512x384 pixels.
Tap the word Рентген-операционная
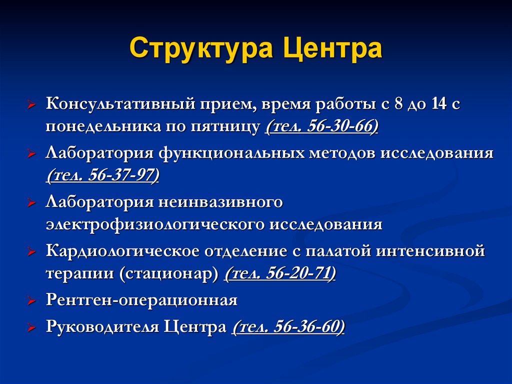[141, 300]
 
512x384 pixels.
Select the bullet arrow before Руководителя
[31, 328]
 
